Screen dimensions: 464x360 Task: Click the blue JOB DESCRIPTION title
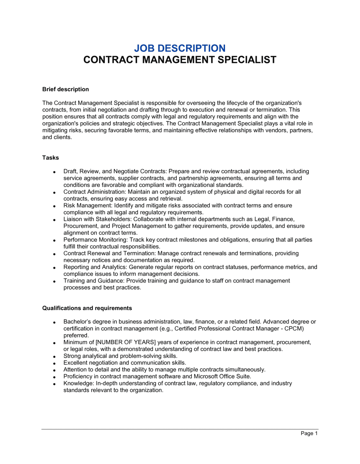(x=180, y=48)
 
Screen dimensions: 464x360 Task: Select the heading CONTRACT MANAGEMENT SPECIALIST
(x=180, y=60)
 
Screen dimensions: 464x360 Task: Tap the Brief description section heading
(x=66, y=89)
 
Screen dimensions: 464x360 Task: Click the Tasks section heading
(x=50, y=158)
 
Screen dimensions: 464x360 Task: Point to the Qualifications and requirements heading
(x=87, y=308)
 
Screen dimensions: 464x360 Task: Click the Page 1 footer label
(x=309, y=433)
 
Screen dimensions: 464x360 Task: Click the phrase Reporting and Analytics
(x=95, y=267)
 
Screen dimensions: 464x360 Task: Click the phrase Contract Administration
(x=94, y=192)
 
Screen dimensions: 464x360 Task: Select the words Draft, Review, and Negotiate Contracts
(x=114, y=171)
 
